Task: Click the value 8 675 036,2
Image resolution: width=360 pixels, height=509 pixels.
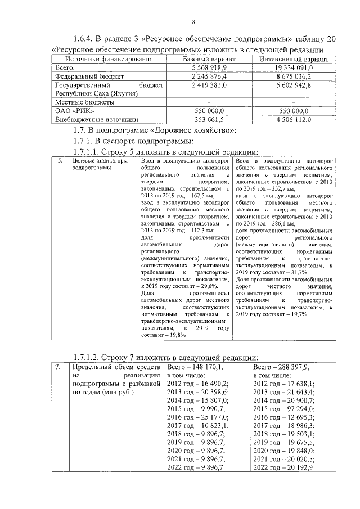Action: [x=295, y=76]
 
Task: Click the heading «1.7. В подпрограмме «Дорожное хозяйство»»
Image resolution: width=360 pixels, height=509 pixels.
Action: [x=155, y=130]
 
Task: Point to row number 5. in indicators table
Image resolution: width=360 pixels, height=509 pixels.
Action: [x=60, y=161]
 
